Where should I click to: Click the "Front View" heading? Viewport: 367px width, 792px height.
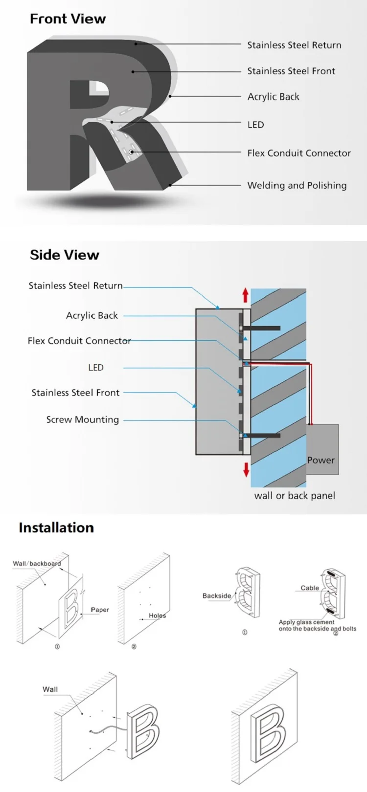pos(68,19)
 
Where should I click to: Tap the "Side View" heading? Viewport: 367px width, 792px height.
pos(64,255)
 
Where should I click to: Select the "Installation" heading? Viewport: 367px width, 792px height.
pos(56,528)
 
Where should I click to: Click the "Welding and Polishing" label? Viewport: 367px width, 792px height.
pos(297,185)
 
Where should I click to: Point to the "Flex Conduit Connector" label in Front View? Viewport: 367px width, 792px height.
pos(298,153)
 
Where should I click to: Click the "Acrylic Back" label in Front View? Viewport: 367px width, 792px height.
pos(273,97)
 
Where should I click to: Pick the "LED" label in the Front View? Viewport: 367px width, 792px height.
pos(255,125)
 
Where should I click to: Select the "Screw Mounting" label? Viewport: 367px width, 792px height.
pos(82,419)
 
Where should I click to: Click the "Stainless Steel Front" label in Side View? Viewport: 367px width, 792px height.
pos(75,393)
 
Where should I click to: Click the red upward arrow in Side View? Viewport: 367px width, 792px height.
pos(246,295)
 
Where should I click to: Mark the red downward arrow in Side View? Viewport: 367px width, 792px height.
pos(246,469)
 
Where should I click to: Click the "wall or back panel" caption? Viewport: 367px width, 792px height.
pos(295,496)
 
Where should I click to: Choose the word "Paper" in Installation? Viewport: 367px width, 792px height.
pos(100,610)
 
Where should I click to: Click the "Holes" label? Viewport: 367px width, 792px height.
pos(157,616)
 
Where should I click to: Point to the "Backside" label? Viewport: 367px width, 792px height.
pos(216,595)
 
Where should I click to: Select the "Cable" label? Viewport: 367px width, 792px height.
pos(310,588)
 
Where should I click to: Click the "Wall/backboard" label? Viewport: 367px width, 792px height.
pos(37,563)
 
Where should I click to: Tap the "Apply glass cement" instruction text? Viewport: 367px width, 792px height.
pos(307,622)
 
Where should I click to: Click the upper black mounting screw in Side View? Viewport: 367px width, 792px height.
pos(262,328)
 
